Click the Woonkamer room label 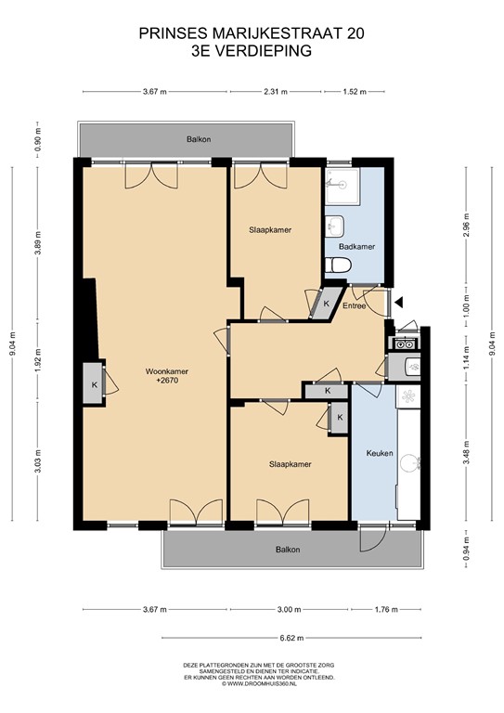[x=167, y=371]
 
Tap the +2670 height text [x=167, y=381]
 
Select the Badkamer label [x=356, y=247]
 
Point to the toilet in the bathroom [x=338, y=266]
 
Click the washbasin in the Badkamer [x=335, y=226]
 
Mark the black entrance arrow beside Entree [x=398, y=302]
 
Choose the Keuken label [x=381, y=454]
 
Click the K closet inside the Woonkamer [x=95, y=384]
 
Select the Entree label [x=355, y=305]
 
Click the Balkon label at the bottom [x=287, y=551]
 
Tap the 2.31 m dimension [x=276, y=92]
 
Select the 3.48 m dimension [x=467, y=455]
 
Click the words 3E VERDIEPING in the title [x=252, y=52]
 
